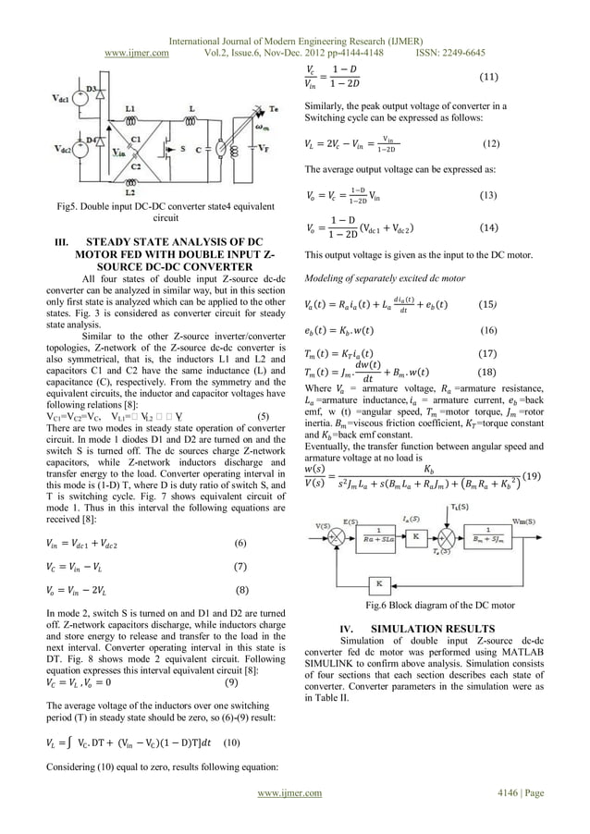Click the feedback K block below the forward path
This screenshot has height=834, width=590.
click(378, 583)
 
